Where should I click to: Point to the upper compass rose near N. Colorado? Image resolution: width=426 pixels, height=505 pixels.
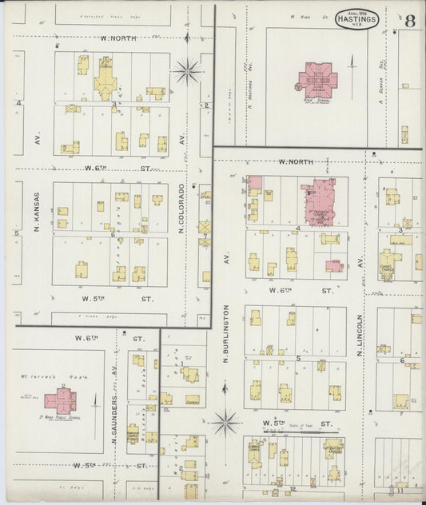[189, 71]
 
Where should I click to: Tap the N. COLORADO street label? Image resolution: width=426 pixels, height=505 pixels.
[182, 209]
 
